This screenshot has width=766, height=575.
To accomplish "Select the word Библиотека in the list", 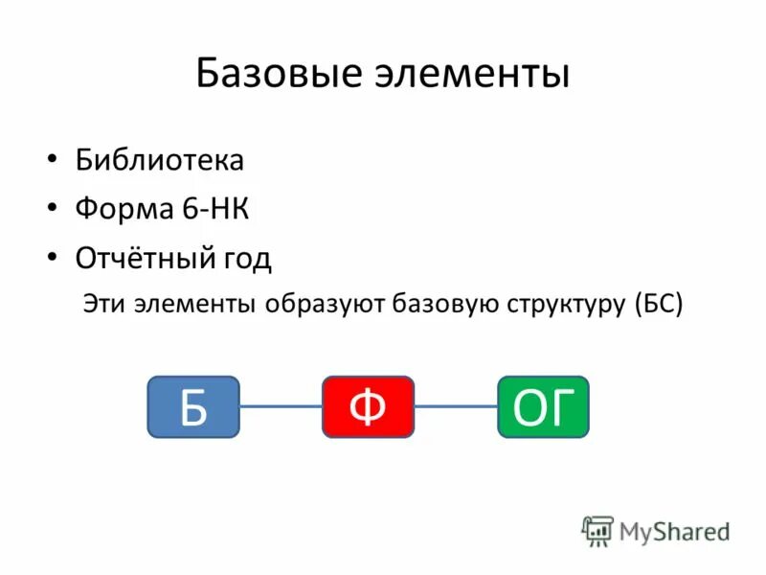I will (x=160, y=160).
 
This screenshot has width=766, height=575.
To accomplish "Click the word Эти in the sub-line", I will (x=102, y=304).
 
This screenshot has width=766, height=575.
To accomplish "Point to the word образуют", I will (x=327, y=305).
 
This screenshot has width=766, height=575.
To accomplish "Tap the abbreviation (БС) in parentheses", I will (x=658, y=305).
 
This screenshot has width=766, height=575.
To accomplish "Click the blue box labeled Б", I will (x=192, y=407).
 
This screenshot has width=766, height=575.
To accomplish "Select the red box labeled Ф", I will (x=368, y=407).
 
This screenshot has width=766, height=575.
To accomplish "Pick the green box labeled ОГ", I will (x=543, y=407).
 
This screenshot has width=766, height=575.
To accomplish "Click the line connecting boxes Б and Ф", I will (x=280, y=406).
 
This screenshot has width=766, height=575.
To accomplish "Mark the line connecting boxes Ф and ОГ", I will (x=456, y=406).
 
